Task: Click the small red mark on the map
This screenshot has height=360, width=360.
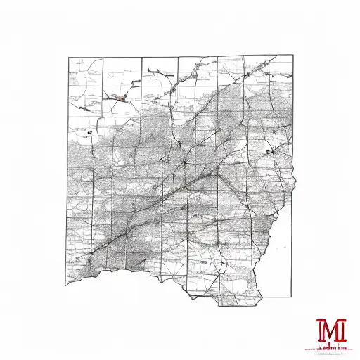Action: pos(122,98)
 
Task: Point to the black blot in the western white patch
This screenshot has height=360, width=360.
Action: pos(91,131)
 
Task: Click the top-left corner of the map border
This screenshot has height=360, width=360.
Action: pos(68,58)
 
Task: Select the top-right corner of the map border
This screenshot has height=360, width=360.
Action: pos(293,57)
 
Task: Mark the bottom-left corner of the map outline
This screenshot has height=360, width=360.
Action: pos(68,285)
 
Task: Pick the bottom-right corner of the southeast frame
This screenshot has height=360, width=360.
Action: pos(292,296)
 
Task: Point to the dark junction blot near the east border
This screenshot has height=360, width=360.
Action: pos(270,150)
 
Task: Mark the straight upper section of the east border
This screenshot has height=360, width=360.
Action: pos(293,105)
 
